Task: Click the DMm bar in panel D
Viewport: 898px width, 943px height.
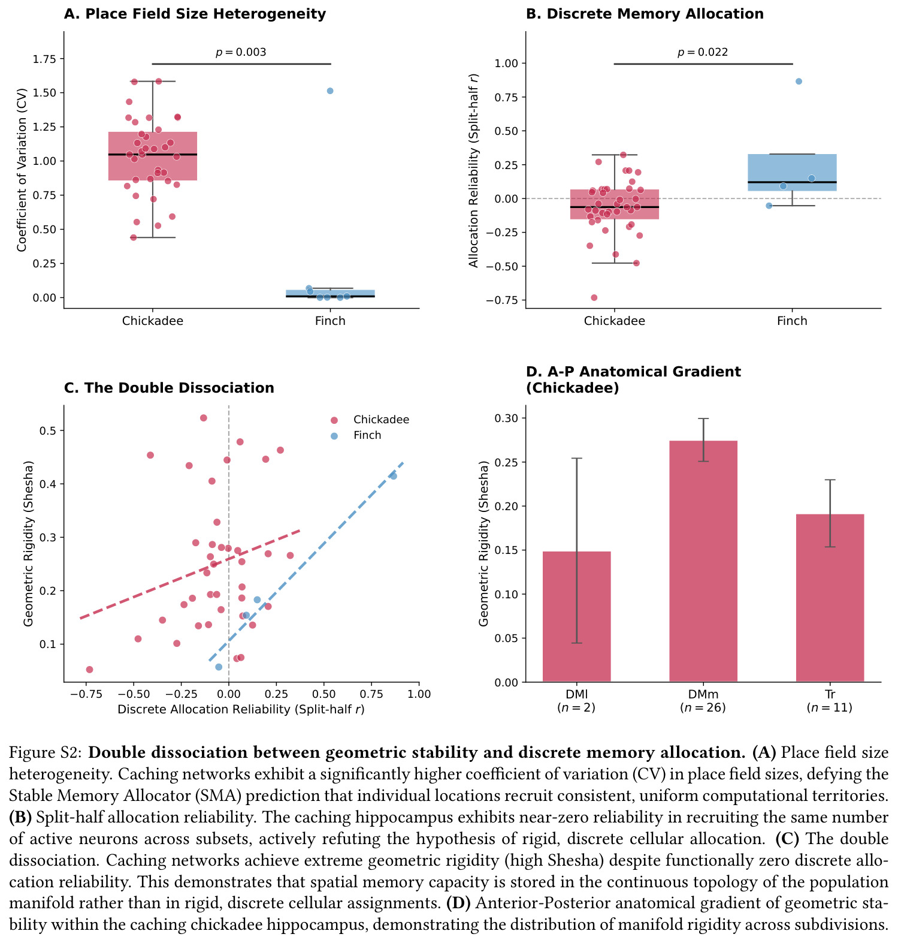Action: [x=703, y=561]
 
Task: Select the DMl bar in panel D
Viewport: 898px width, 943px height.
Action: [x=576, y=616]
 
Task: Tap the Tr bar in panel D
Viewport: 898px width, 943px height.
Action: [x=830, y=598]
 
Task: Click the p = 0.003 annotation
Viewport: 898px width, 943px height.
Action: [x=241, y=52]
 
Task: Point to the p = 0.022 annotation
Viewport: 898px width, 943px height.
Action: [x=703, y=52]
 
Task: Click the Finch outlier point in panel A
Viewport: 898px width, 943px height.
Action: [x=330, y=91]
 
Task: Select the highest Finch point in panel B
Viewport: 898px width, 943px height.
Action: [x=799, y=82]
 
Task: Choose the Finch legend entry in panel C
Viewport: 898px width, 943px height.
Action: [x=356, y=435]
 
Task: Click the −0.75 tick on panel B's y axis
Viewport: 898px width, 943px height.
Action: [x=503, y=300]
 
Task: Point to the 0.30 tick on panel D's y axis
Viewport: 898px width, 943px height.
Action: [x=507, y=418]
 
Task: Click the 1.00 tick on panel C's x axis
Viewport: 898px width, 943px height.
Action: [x=419, y=694]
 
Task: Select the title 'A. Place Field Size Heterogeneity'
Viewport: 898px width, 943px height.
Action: [x=195, y=14]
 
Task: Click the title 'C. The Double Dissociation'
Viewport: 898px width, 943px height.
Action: [x=169, y=388]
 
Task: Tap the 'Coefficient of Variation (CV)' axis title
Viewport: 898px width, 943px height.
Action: [x=22, y=170]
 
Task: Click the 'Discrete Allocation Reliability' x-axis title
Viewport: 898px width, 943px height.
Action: [x=241, y=709]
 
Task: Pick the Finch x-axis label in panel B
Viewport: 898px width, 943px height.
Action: [x=792, y=321]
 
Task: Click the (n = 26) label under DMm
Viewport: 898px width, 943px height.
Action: [x=703, y=707]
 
